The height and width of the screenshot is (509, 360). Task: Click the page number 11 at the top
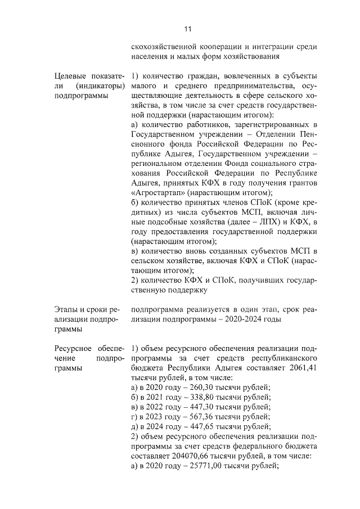188,29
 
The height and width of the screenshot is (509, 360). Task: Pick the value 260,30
191,388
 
